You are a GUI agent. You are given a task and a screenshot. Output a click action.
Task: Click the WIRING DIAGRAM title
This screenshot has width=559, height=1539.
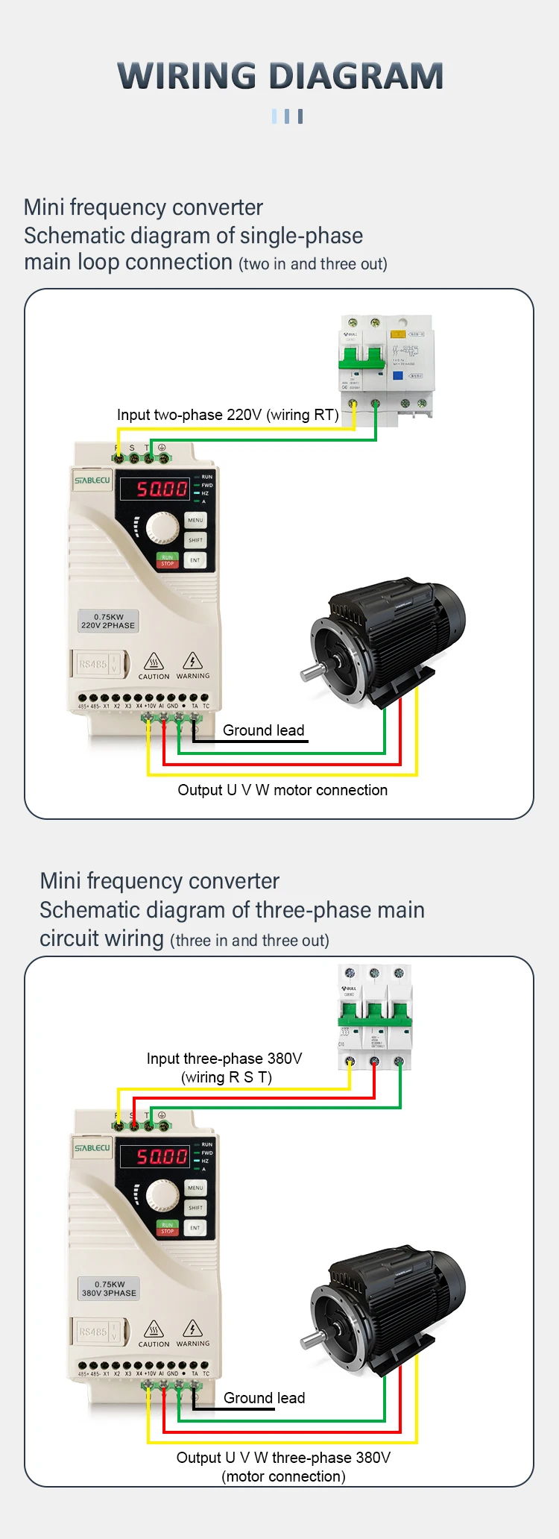pos(280,76)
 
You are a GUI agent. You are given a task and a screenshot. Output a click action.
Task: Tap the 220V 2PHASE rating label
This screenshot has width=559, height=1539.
pos(108,621)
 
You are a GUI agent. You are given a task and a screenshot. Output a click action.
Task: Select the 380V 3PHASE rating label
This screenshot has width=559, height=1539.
pos(109,1289)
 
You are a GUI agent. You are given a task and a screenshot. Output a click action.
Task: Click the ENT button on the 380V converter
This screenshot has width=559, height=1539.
pos(195,1227)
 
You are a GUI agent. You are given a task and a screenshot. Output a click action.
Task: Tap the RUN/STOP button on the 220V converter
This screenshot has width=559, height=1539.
pos(167,560)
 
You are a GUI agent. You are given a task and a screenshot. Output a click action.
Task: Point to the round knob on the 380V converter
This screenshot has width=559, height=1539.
pos(162,1195)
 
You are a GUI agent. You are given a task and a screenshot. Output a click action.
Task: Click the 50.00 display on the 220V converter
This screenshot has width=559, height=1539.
pos(162,489)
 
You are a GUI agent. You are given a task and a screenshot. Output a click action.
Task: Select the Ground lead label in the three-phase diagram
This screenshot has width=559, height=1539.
pos(264,1398)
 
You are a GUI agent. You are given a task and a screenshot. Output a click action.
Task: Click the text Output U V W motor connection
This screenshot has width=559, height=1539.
pos(282,790)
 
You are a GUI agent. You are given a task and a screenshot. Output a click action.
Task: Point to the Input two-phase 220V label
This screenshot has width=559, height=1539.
pos(227,415)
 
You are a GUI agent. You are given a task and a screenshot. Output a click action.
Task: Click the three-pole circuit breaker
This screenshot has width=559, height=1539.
pos(374,1016)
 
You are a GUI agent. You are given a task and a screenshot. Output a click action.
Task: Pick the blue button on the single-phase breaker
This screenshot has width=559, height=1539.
pos(398,375)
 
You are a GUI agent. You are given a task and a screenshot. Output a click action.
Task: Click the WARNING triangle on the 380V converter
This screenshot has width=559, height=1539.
pos(192,1329)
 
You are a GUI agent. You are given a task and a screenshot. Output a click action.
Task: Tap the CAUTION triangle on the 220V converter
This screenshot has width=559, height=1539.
pos(154,662)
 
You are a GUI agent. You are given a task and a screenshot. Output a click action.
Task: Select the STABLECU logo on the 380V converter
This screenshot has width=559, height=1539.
pos(92,1148)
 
